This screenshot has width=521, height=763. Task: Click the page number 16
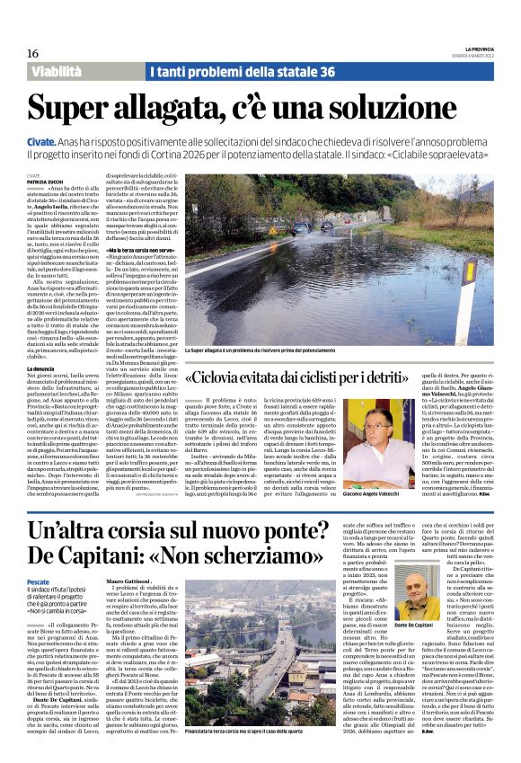click(32, 54)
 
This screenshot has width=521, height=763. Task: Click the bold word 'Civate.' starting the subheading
click(41, 142)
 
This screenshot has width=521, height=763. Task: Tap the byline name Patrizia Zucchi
click(45, 182)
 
